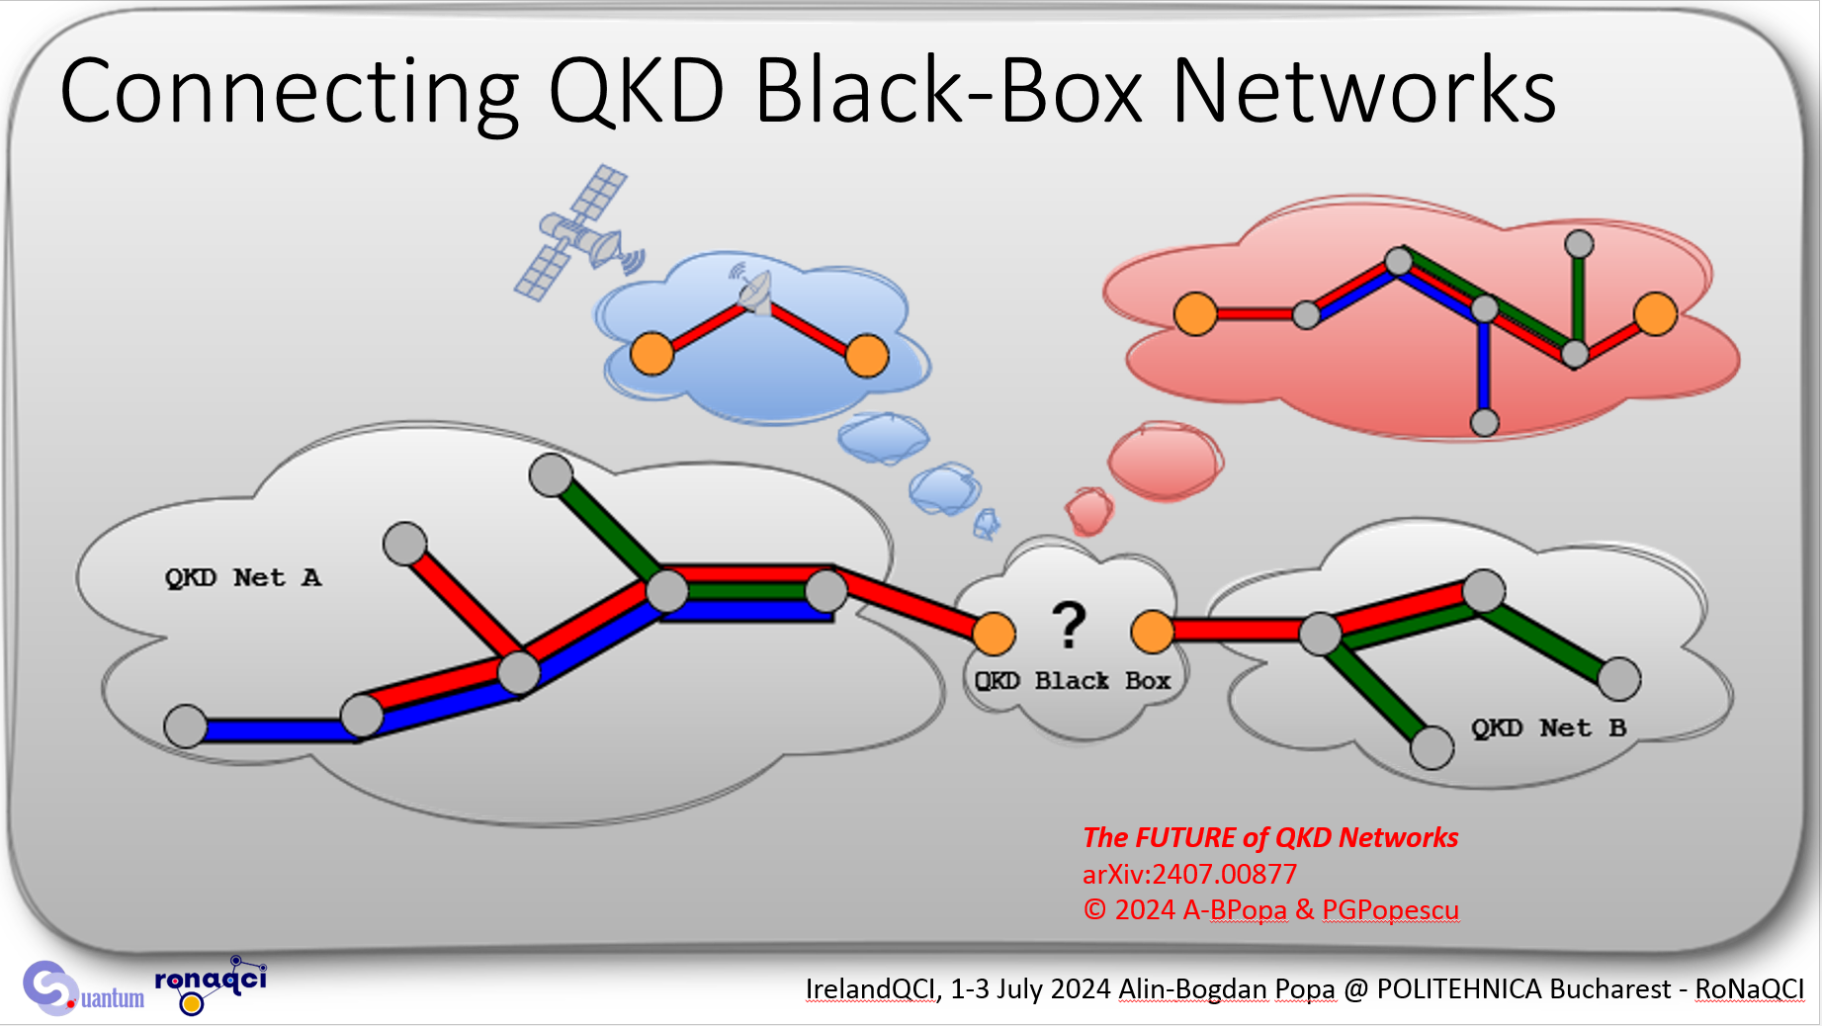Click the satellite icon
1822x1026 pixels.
579,233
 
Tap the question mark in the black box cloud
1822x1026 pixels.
1069,625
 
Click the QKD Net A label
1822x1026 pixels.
243,578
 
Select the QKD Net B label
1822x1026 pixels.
1548,728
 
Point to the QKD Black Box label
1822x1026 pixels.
1073,681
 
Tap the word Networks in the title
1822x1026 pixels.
1364,90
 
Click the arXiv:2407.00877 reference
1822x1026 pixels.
1189,874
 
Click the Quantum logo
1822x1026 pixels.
84,988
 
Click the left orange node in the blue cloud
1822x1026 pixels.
652,353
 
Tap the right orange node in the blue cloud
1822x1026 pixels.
867,356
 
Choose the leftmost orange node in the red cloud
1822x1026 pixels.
1195,313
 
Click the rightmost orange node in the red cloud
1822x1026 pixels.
1655,314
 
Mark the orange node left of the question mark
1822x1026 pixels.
994,634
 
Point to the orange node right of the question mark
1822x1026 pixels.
1152,632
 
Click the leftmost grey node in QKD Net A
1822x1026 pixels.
185,727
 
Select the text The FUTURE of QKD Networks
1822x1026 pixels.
1270,837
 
